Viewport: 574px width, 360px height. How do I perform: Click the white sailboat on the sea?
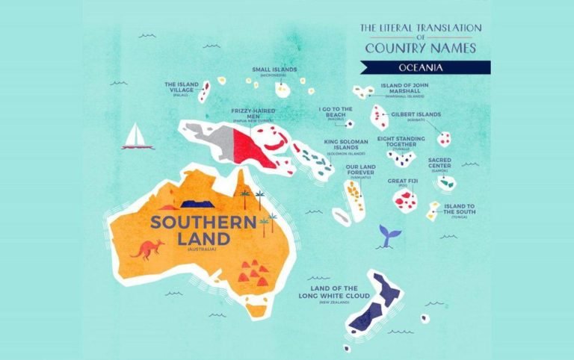[x=138, y=137]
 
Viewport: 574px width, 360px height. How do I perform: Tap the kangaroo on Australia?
[x=147, y=249]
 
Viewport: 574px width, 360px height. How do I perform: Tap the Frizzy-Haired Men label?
[x=253, y=113]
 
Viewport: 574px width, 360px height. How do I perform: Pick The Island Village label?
[x=182, y=87]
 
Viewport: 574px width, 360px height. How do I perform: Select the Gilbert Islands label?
[x=416, y=115]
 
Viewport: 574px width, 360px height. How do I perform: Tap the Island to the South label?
[x=459, y=208]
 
